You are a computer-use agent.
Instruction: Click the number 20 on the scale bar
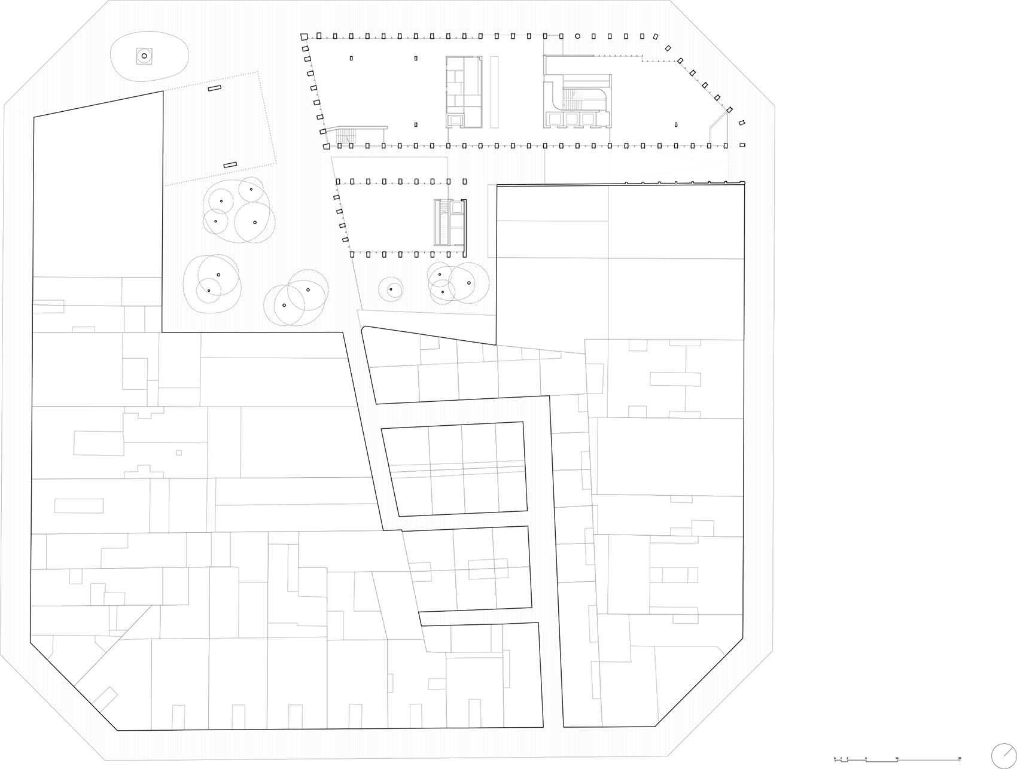960,758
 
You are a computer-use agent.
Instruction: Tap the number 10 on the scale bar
897,758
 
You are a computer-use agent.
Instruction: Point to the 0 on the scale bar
835,758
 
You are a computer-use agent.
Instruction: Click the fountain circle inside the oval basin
144,56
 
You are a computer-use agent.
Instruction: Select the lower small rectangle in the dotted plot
230,164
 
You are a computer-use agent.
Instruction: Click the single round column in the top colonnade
577,36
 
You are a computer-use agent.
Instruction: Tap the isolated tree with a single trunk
391,289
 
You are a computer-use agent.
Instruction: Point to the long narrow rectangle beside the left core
494,91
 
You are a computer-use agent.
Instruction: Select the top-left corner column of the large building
305,36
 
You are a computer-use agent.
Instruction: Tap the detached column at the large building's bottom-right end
742,145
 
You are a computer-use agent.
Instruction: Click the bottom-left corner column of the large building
326,146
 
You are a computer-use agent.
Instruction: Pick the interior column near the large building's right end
676,125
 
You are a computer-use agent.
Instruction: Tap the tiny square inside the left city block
178,453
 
